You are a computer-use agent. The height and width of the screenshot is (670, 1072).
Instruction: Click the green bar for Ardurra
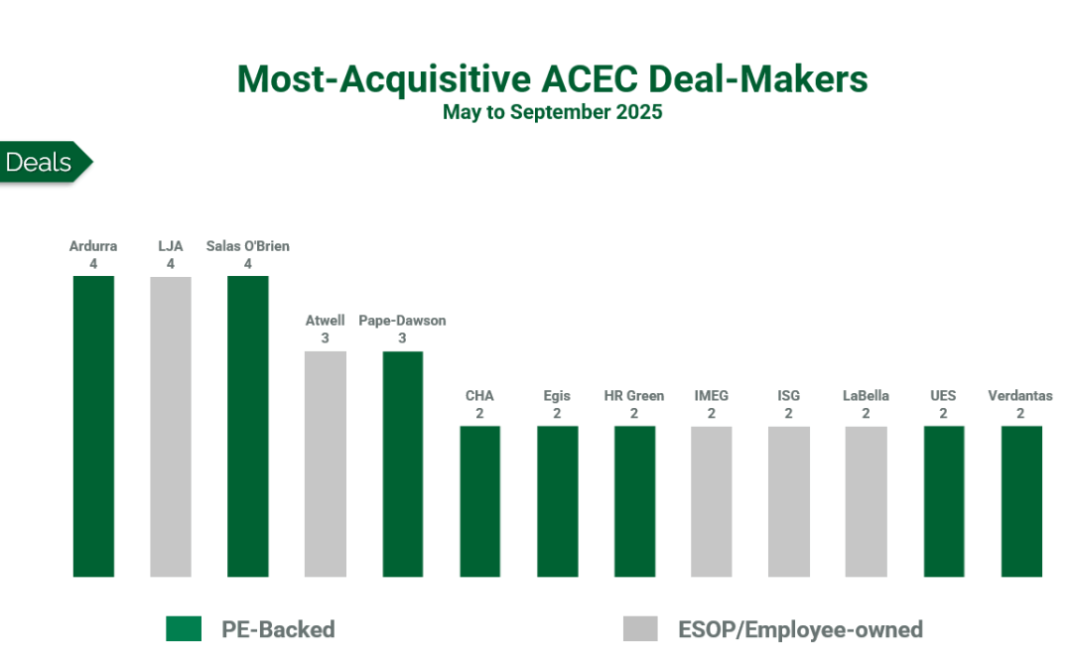(93, 426)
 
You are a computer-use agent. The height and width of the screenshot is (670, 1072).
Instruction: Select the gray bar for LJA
(171, 426)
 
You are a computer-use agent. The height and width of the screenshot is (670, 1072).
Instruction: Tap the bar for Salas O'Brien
(248, 426)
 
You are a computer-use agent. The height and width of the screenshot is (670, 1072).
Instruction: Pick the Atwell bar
(326, 464)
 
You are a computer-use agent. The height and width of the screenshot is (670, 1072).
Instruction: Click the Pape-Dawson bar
(403, 464)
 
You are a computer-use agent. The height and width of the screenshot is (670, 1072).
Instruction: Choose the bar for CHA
(480, 501)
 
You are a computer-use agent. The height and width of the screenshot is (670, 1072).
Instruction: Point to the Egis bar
(557, 501)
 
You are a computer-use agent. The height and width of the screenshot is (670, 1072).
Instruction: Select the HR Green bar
(634, 501)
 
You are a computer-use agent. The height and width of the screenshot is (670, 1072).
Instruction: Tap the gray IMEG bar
(712, 501)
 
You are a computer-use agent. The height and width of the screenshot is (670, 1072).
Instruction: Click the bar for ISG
(789, 501)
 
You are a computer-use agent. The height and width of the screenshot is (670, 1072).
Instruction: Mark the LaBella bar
(867, 501)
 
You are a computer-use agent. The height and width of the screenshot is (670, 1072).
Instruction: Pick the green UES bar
(944, 501)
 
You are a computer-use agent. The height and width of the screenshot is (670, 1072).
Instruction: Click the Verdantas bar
(1021, 501)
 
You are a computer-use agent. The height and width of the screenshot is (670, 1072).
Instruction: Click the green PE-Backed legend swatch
(184, 628)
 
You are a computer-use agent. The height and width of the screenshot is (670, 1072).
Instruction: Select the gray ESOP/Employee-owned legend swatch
(640, 628)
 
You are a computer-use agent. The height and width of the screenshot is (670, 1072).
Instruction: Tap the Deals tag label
(40, 163)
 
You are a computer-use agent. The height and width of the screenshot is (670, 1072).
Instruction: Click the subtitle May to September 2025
(552, 112)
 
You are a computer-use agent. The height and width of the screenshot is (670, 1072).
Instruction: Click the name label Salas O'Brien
(248, 246)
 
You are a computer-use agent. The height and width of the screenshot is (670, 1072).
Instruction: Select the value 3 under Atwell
(326, 338)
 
